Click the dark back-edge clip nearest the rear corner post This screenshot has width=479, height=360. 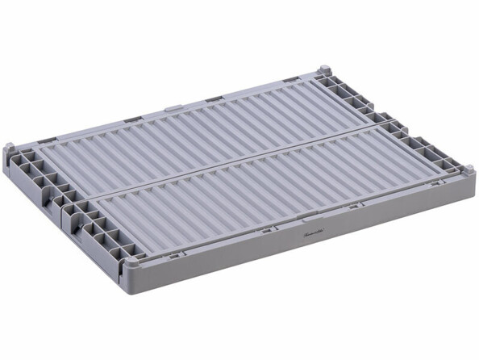pyautogui.click(x=291, y=81)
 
